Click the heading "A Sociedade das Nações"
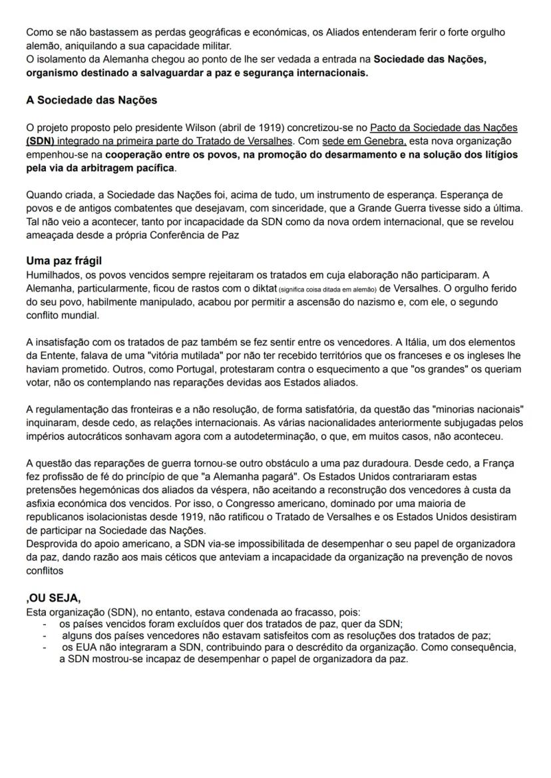tap(91, 100)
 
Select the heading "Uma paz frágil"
tap(64, 261)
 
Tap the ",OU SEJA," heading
tap(53, 598)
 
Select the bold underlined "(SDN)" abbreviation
tap(41, 141)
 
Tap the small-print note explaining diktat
tap(321, 288)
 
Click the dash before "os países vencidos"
tap(43, 624)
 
